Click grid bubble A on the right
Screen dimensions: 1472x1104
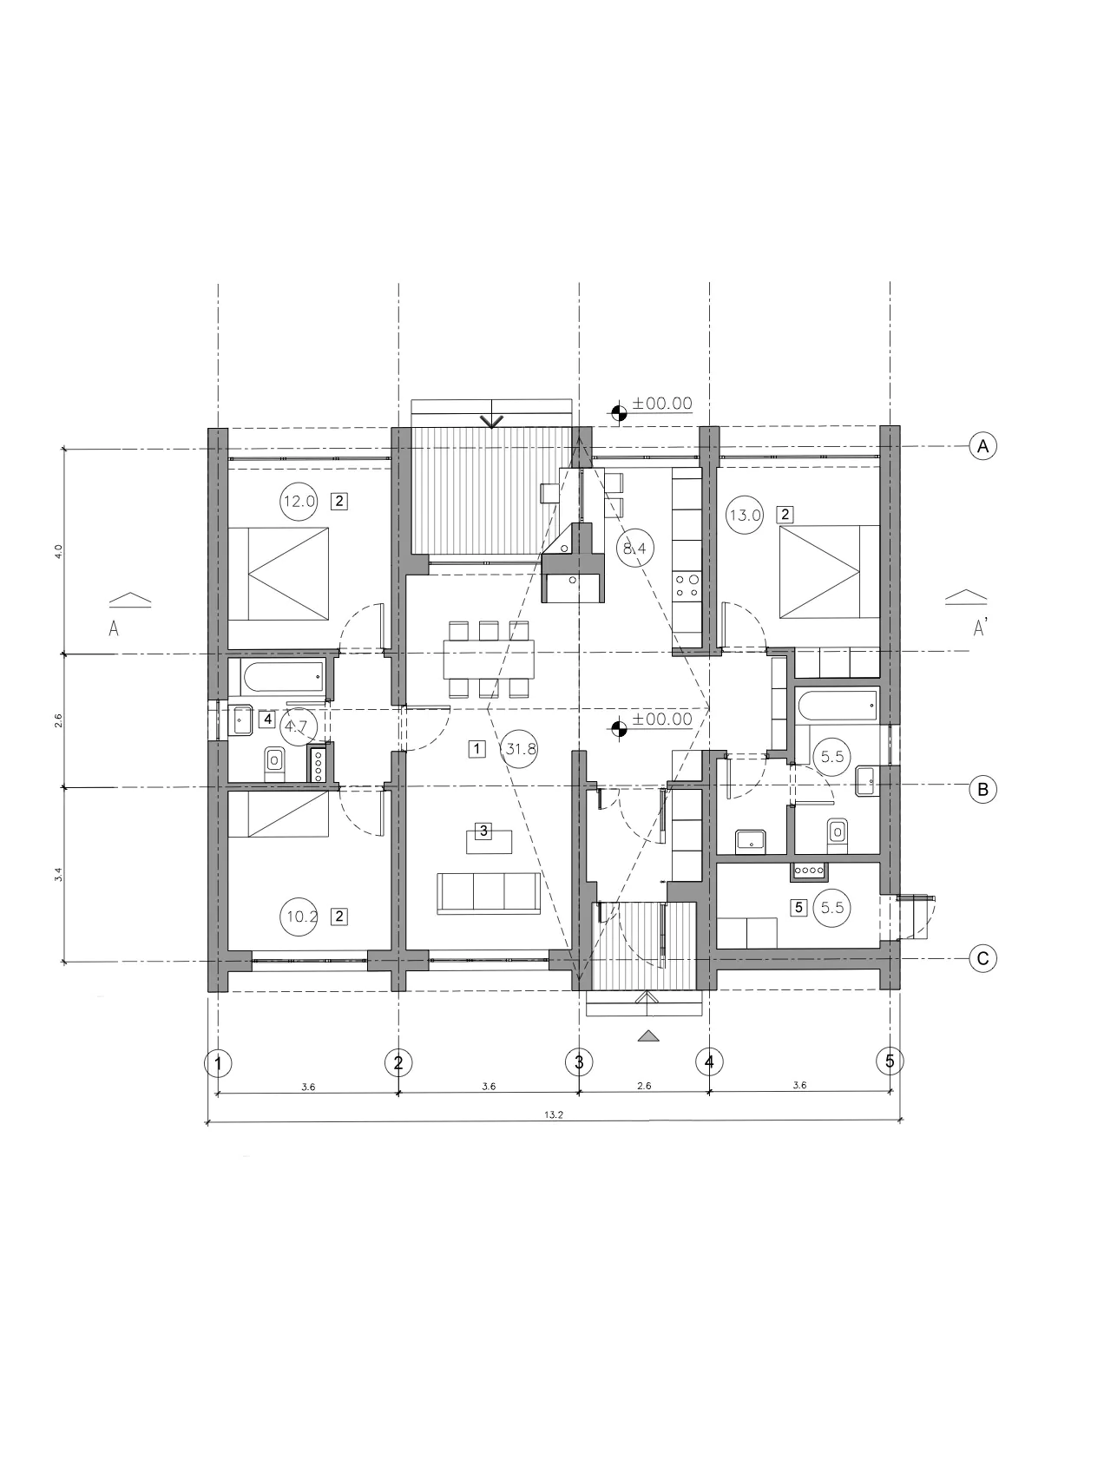pyautogui.click(x=982, y=446)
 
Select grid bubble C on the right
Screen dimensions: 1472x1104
pyautogui.click(x=982, y=958)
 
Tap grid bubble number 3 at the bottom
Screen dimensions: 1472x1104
pyautogui.click(x=578, y=1061)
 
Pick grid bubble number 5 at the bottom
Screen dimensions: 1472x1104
pyautogui.click(x=890, y=1060)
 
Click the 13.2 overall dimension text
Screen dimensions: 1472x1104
pyautogui.click(x=555, y=1115)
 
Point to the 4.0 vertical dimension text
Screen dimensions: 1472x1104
pyautogui.click(x=58, y=551)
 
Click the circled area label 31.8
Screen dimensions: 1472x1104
pyautogui.click(x=520, y=748)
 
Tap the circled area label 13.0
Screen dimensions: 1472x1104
pyautogui.click(x=745, y=515)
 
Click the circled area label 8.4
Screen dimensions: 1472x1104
pyautogui.click(x=634, y=548)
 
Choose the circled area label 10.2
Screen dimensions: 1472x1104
pyautogui.click(x=299, y=916)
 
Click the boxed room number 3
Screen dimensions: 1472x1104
pyautogui.click(x=484, y=830)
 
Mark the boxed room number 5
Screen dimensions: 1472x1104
pyautogui.click(x=800, y=908)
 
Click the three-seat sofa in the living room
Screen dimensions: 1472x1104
pyautogui.click(x=489, y=893)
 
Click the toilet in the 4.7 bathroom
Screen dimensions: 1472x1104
pyautogui.click(x=274, y=761)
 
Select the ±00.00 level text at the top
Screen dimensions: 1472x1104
pyautogui.click(x=662, y=404)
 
